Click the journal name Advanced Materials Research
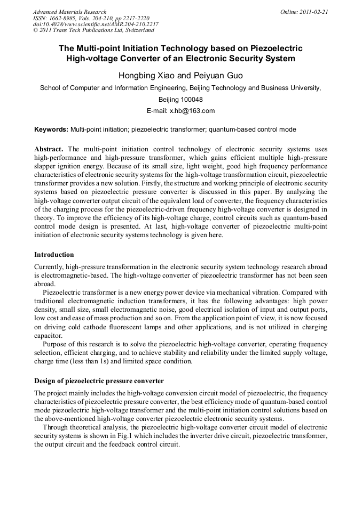click(70, 12)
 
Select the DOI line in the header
click(96, 24)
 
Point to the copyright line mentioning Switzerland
click(93, 30)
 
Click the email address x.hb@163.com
click(192, 111)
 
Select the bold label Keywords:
click(51, 129)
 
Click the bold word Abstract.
click(49, 149)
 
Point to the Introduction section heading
click(54, 255)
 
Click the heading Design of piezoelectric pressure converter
click(99, 380)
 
